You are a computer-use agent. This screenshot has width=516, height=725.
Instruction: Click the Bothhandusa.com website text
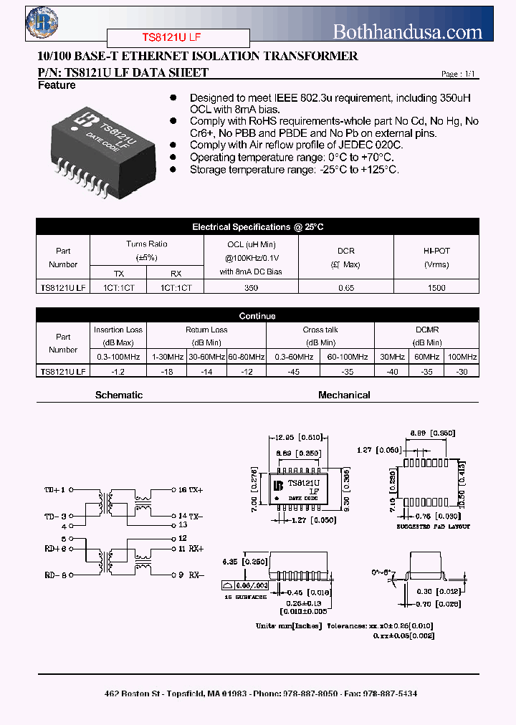coord(408,32)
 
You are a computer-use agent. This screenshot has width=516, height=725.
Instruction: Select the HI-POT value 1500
coord(436,287)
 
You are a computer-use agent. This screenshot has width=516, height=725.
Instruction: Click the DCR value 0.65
coord(346,287)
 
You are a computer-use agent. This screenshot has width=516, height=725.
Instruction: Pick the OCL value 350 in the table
coord(251,287)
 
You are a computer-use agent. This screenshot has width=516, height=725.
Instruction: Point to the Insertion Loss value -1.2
coord(118,371)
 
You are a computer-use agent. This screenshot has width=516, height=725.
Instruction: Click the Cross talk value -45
coord(293,371)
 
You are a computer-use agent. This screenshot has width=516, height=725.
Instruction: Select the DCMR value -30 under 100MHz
coord(462,371)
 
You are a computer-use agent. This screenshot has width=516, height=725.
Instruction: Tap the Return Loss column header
coord(206,330)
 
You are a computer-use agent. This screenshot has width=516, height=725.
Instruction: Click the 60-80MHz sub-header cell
coord(247,357)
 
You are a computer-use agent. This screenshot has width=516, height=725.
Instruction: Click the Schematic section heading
coord(119,395)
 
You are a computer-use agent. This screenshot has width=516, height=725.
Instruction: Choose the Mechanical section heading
coord(344,395)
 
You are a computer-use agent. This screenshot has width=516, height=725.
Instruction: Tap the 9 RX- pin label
coord(190,575)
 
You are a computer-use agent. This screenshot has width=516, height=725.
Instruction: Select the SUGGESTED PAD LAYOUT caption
coord(433,526)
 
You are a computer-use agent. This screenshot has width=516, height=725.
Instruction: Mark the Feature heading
coord(56,86)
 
